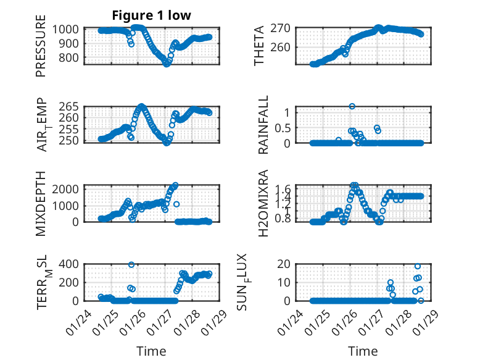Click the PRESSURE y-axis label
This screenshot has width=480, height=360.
[x=41, y=49]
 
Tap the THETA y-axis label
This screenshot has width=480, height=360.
[x=259, y=46]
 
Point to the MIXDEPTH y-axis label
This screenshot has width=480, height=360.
[x=41, y=203]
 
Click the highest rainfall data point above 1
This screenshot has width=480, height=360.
[x=352, y=106]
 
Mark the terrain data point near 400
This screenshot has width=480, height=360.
[x=131, y=264]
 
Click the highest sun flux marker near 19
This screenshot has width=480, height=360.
[x=418, y=266]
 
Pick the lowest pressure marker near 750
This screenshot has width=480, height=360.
[x=167, y=64]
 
